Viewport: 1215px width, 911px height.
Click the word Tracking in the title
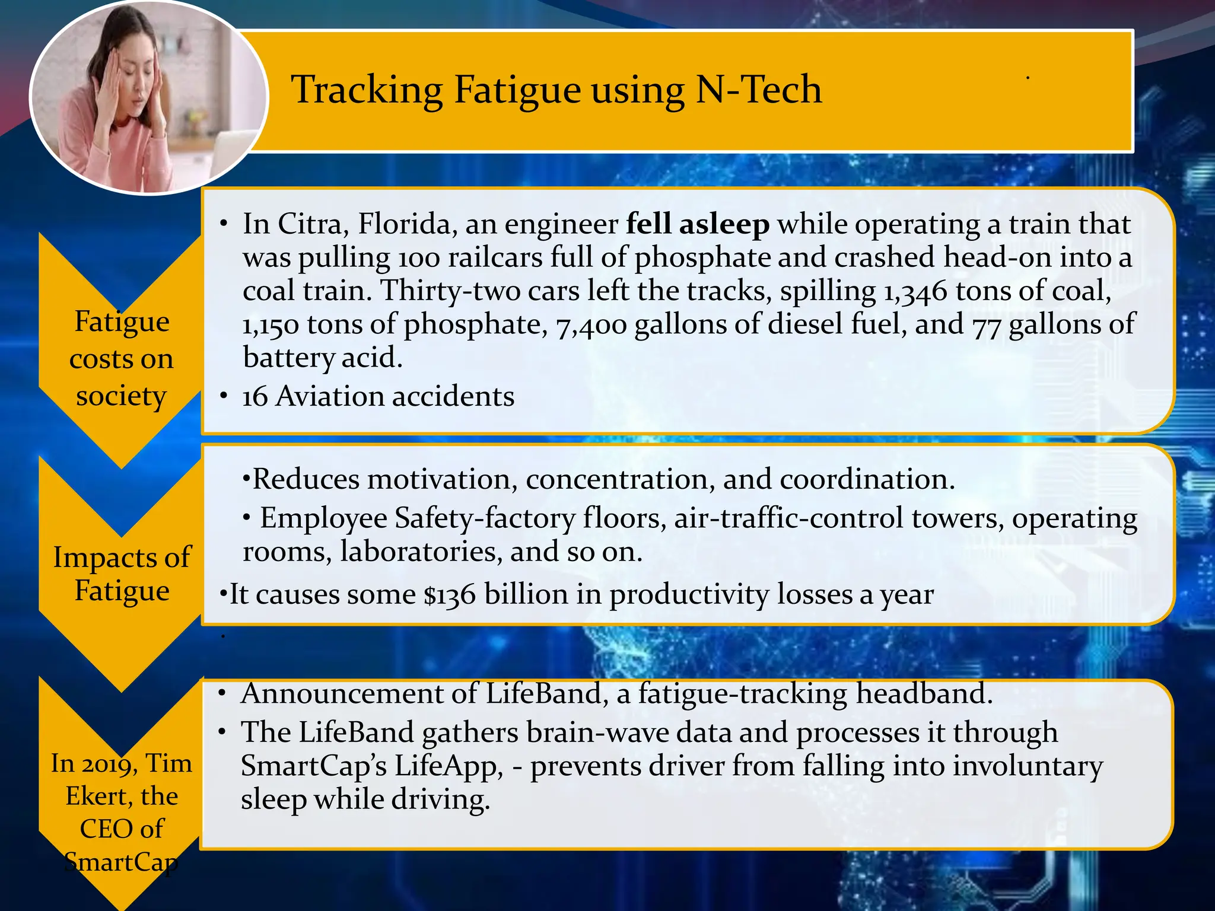point(367,90)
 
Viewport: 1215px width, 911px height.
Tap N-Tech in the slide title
point(758,90)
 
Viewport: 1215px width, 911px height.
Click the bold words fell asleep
point(698,224)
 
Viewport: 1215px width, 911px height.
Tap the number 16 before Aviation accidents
point(255,396)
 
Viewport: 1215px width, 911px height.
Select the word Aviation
point(330,396)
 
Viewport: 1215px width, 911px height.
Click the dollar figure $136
point(450,594)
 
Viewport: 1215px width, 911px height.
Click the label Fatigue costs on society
point(122,358)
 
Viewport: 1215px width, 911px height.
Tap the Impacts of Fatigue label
point(122,574)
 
